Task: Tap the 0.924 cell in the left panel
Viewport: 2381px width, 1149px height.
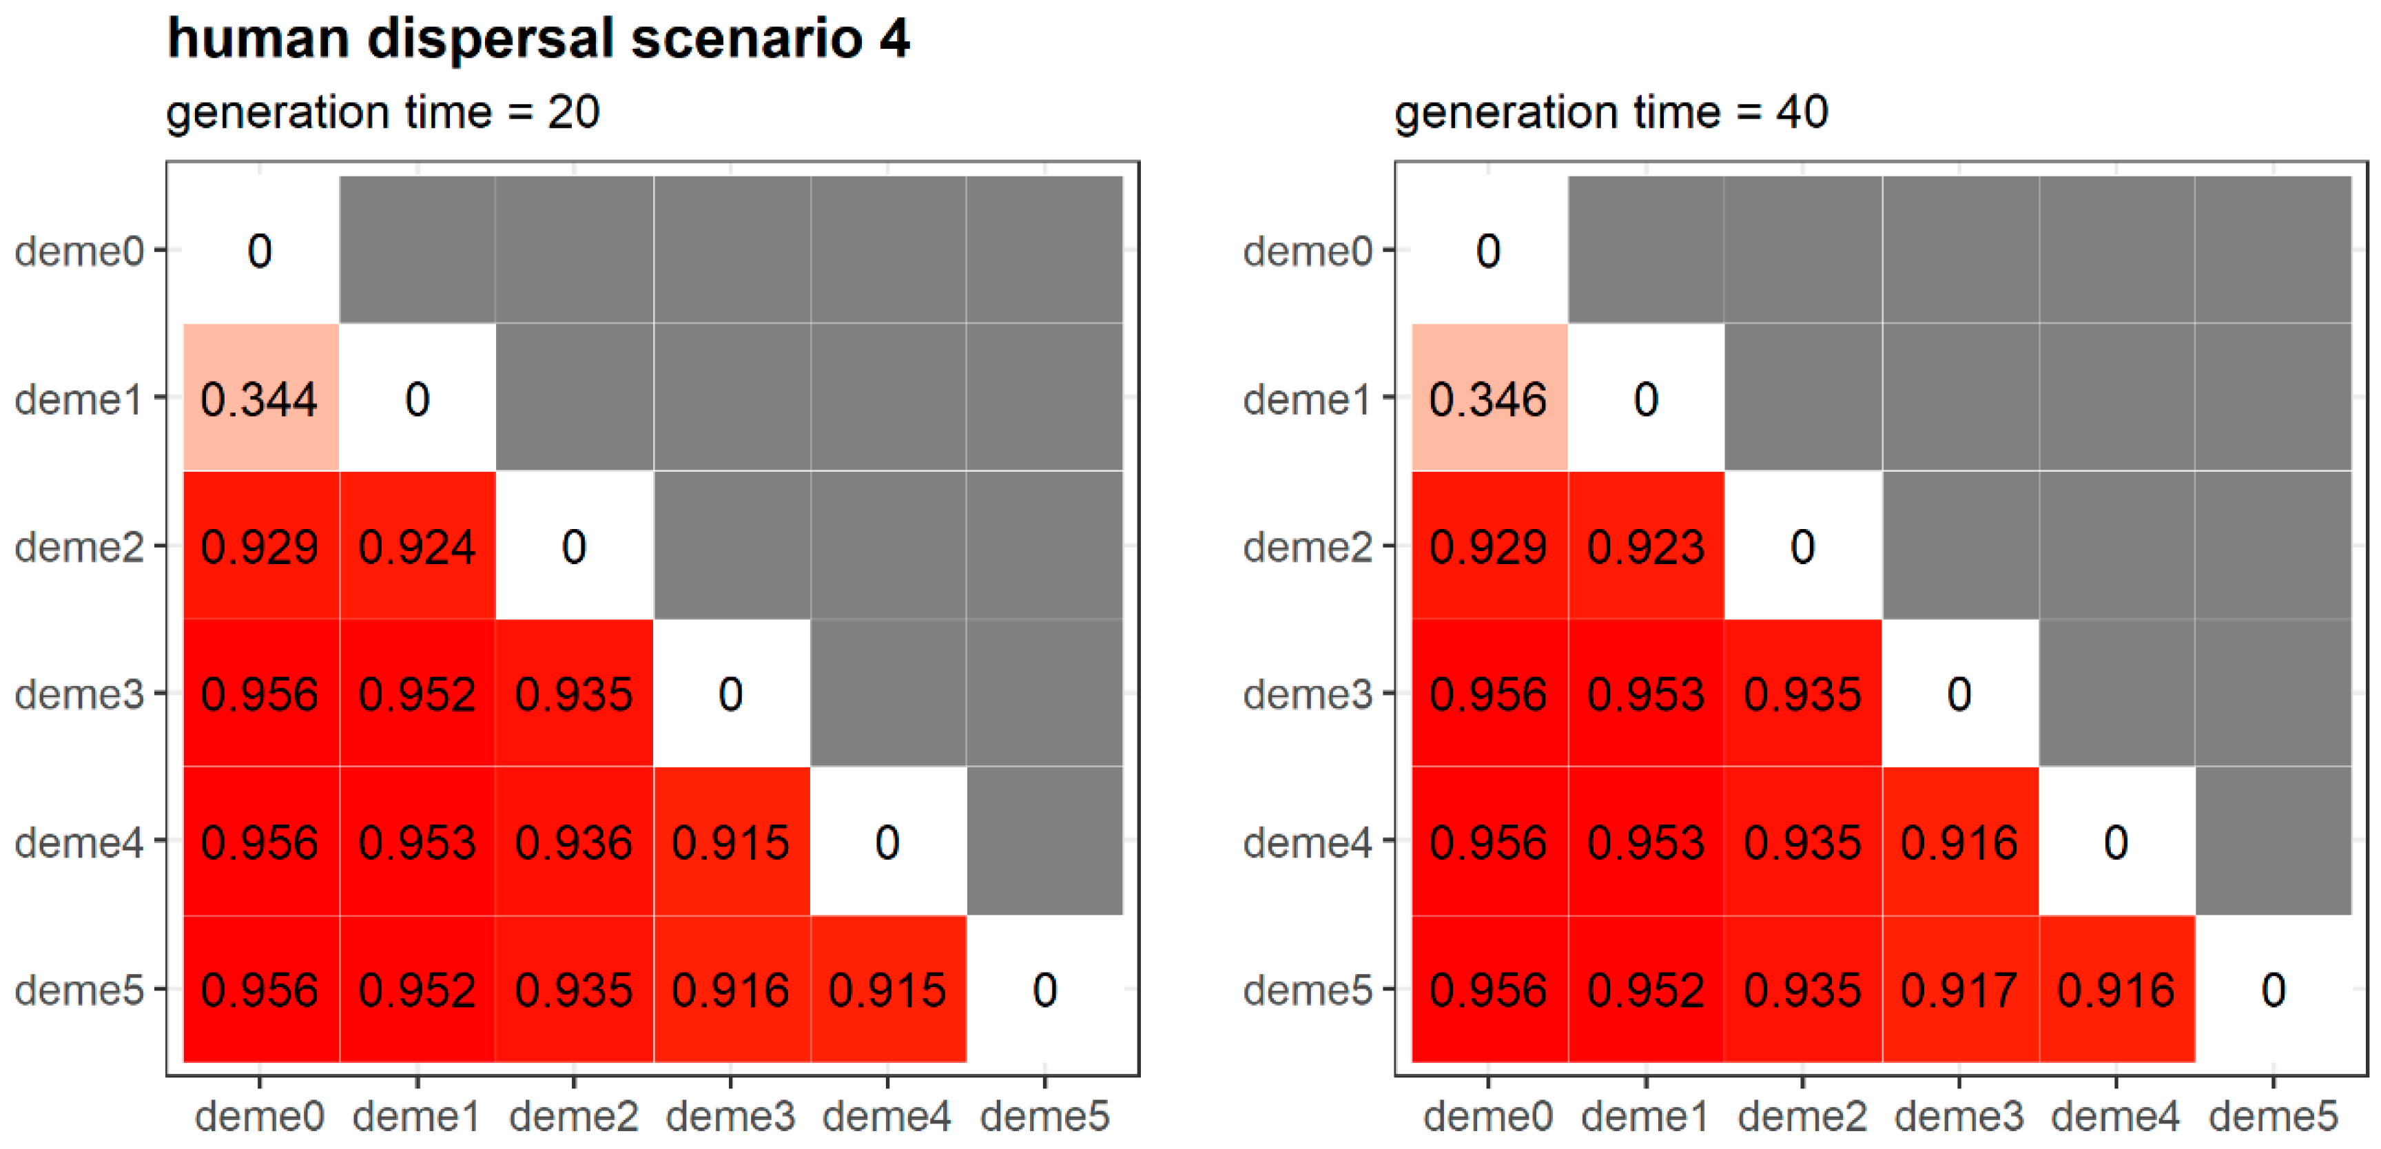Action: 417,546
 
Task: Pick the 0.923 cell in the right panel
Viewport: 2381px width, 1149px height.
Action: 1645,546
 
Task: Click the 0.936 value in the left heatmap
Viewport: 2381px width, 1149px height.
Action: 574,842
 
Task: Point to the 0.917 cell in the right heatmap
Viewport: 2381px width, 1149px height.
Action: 1959,990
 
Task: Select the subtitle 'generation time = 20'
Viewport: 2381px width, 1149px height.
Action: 382,113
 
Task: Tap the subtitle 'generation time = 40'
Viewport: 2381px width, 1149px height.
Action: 1611,113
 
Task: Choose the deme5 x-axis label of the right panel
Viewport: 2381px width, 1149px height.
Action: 2273,1117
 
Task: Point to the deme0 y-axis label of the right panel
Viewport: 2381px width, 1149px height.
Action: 1307,251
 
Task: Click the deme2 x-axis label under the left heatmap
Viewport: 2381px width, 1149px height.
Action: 574,1117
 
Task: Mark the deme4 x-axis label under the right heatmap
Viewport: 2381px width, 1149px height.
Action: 2116,1117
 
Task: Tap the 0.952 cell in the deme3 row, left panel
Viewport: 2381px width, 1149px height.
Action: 417,694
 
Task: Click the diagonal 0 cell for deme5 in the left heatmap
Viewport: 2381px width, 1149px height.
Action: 1044,990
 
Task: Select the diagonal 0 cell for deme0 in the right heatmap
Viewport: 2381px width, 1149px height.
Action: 1487,251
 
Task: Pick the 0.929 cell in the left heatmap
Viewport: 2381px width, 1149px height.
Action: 260,546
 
